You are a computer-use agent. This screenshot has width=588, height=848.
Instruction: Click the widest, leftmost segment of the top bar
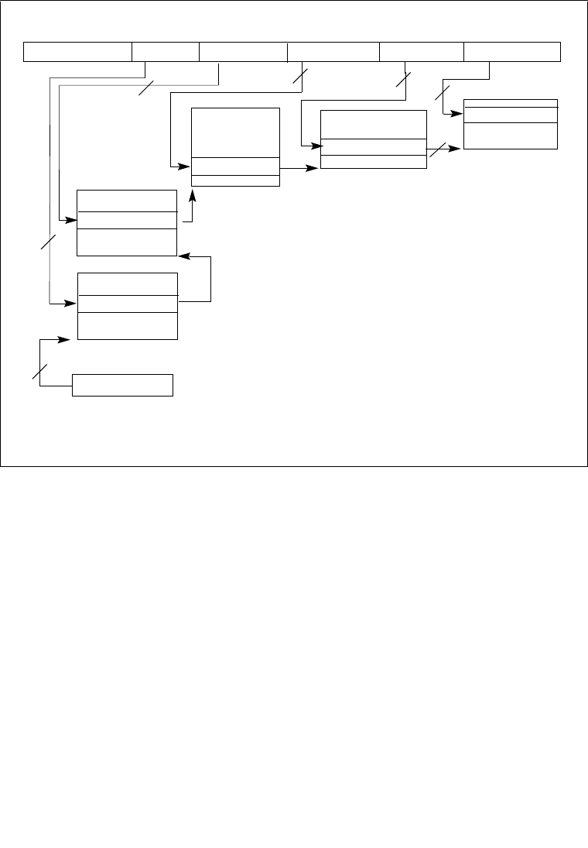coord(77,52)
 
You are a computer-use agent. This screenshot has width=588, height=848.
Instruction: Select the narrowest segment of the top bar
coord(166,52)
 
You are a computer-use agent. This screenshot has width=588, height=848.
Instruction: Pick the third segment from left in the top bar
coord(243,52)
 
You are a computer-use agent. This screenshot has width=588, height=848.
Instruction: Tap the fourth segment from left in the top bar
coord(333,52)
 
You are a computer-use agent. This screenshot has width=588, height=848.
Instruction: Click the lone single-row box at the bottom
coord(122,385)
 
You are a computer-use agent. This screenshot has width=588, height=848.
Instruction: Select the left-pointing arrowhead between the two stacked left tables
coord(183,256)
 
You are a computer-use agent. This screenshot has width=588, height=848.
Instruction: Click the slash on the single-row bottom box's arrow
coord(39,370)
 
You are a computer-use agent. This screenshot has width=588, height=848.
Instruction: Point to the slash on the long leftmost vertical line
coord(48,241)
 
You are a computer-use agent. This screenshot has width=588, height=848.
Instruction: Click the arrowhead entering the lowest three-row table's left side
coord(72,303)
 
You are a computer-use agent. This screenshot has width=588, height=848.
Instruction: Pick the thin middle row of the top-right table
coord(510,115)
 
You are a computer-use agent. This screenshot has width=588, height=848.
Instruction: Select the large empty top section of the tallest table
coord(235,132)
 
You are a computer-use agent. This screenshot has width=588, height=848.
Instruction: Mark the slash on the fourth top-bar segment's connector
coord(300,77)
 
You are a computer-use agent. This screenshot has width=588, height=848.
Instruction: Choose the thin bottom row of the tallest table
coord(235,180)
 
